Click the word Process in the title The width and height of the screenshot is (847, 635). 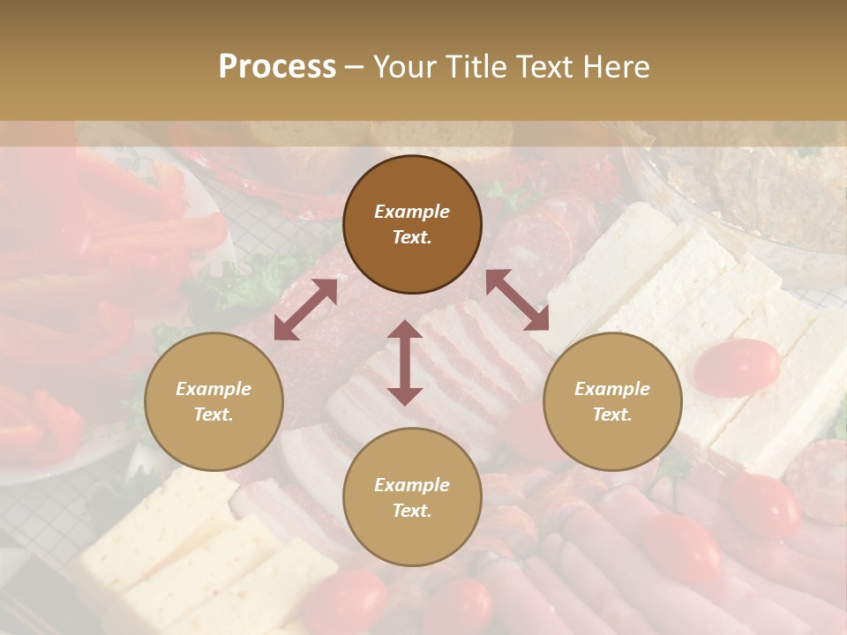click(277, 67)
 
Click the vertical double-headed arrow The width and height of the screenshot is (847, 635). click(405, 362)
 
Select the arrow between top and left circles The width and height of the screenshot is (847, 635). click(305, 310)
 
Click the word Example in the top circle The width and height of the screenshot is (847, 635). click(412, 212)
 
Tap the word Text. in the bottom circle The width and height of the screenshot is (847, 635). click(412, 511)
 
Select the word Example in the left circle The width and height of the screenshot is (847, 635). click(214, 389)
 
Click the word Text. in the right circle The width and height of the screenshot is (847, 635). click(612, 415)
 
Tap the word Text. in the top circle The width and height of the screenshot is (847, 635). click(412, 237)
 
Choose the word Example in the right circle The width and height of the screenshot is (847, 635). click(612, 389)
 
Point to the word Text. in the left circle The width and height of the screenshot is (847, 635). click(214, 415)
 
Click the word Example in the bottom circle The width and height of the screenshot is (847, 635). click(412, 485)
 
